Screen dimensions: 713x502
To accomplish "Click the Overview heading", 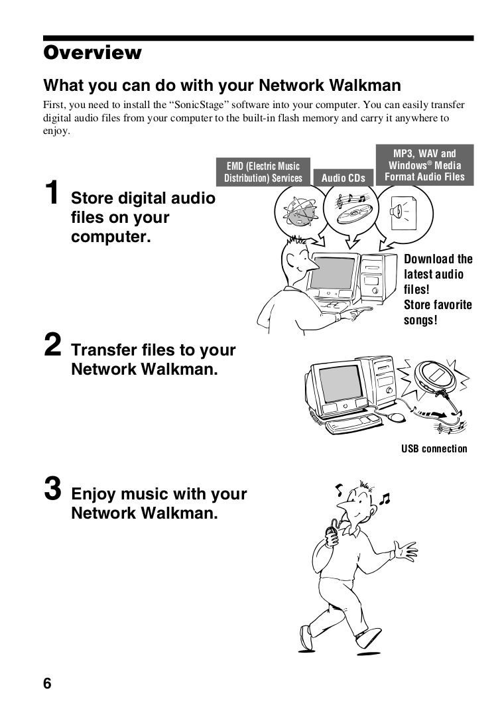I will coord(92,53).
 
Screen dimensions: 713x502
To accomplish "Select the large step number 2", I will coord(53,345).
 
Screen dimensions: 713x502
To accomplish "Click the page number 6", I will coord(47,684).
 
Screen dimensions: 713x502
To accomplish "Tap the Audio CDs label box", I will coord(343,178).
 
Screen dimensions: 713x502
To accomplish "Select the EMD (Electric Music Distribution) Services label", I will coord(263,172).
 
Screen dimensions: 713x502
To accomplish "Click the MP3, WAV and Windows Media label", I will coord(424,165).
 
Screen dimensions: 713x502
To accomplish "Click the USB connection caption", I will coord(434,449).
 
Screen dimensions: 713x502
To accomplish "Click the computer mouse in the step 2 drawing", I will coord(395,417).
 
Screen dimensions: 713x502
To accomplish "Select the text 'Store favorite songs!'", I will coord(438,312).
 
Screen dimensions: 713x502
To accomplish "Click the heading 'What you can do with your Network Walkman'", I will coord(221,86).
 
